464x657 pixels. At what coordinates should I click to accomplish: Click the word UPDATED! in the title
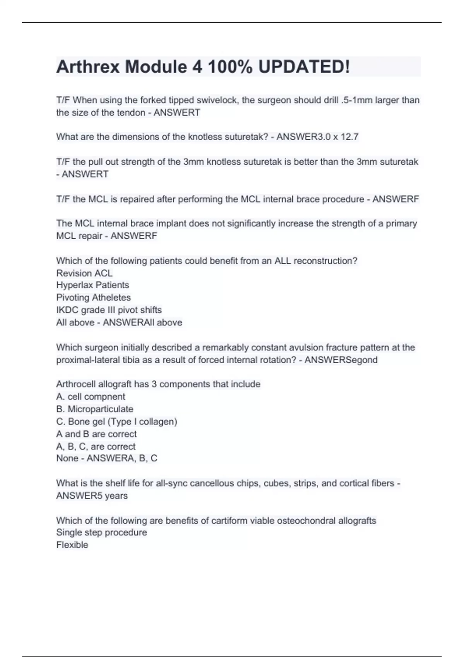[304, 67]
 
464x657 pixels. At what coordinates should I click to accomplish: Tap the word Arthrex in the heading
[88, 67]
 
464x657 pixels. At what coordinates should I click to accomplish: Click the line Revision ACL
[84, 273]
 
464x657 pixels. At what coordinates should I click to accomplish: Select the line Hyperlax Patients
[92, 285]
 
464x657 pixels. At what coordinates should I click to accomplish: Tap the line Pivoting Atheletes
[93, 298]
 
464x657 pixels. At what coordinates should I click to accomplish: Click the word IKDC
[67, 310]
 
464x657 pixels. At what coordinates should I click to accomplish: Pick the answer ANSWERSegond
[341, 360]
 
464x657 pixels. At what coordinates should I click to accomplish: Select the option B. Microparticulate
[94, 409]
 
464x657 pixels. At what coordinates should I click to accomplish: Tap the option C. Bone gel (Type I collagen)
[116, 421]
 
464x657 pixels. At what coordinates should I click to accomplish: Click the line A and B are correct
[96, 434]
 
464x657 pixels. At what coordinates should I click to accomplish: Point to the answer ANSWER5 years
[92, 495]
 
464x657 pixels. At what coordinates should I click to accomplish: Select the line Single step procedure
[101, 533]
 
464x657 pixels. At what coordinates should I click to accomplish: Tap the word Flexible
[72, 545]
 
